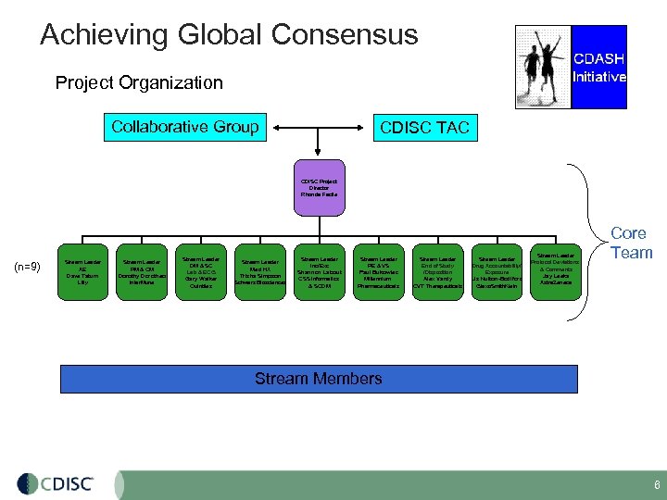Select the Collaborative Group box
pos(184,128)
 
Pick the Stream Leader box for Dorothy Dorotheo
pos(143,272)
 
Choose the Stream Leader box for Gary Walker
pos(201,272)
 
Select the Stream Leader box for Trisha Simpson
pos(260,272)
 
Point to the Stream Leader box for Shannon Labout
pos(320,272)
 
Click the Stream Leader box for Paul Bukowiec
pos(378,272)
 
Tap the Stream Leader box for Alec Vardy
pos(437,272)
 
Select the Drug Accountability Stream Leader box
pos(497,272)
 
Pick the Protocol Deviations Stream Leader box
pos(555,272)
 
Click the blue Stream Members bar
pos(319,379)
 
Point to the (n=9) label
pos(29,268)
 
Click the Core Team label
pos(631,243)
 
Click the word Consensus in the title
pos(345,35)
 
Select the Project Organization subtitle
pos(139,82)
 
